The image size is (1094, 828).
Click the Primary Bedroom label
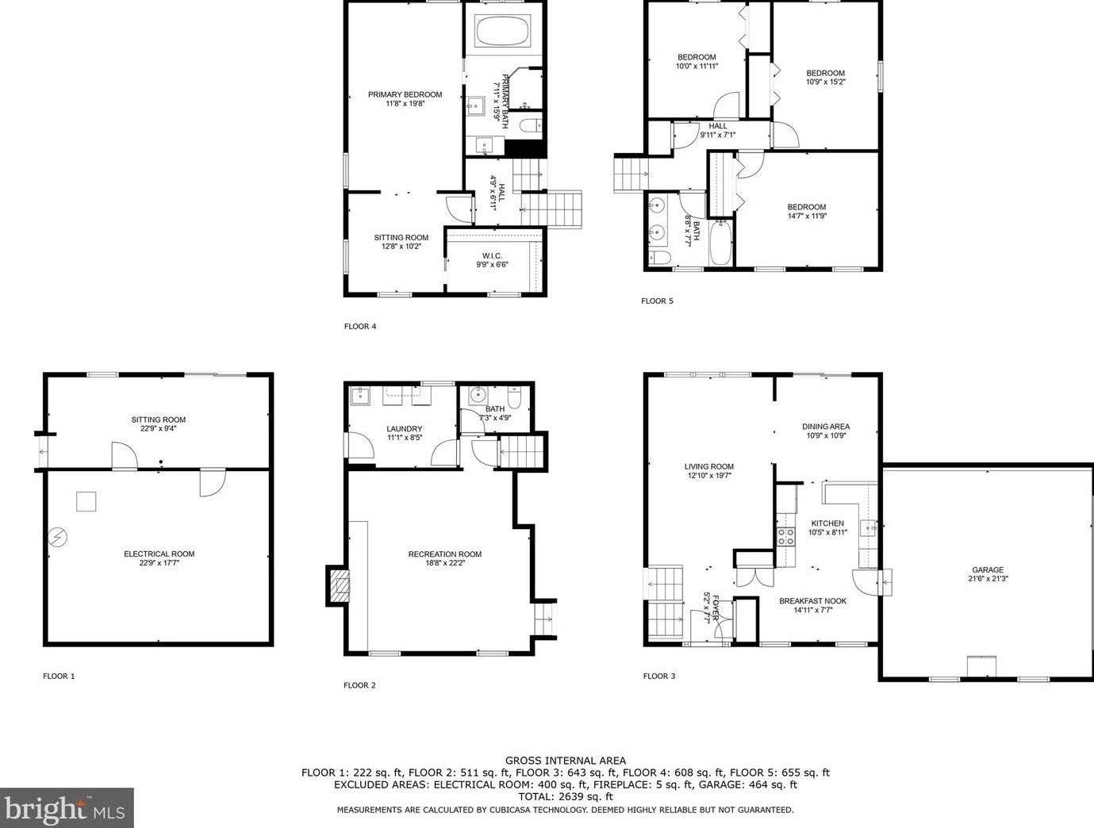click(x=405, y=98)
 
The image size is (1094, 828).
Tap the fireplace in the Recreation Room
click(x=339, y=586)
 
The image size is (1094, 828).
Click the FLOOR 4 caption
click(x=359, y=326)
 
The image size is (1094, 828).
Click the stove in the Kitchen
click(x=785, y=536)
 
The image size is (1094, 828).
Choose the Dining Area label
click(x=827, y=431)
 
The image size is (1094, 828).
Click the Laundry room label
click(x=404, y=433)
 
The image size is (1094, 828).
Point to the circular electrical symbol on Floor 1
click(x=57, y=538)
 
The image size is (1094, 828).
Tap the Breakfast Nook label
click(x=812, y=605)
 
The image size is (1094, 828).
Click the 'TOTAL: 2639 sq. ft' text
click(x=565, y=796)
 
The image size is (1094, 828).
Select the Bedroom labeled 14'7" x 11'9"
click(x=806, y=211)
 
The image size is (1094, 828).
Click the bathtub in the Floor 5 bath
click(x=721, y=243)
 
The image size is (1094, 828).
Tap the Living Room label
click(x=709, y=471)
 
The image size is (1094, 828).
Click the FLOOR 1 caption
click(x=59, y=676)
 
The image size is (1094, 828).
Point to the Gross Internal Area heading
click(x=565, y=761)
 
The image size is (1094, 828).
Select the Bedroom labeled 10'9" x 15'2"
click(x=825, y=77)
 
